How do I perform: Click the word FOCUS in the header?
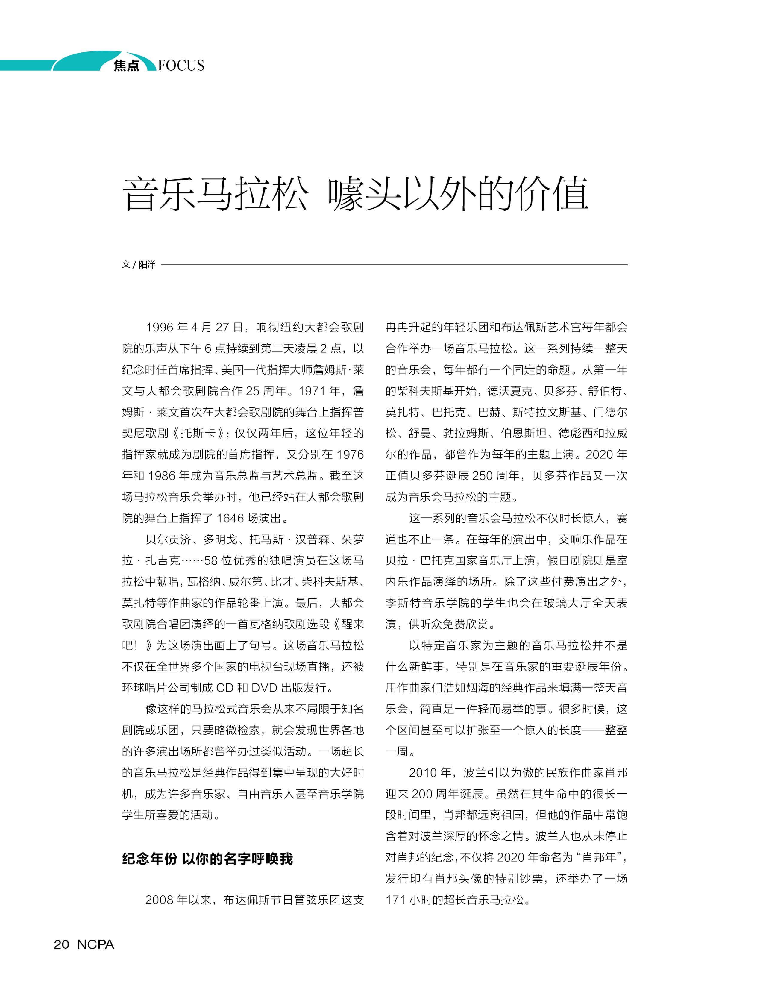pyautogui.click(x=181, y=66)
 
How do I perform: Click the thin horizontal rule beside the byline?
pyautogui.click(x=394, y=264)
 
